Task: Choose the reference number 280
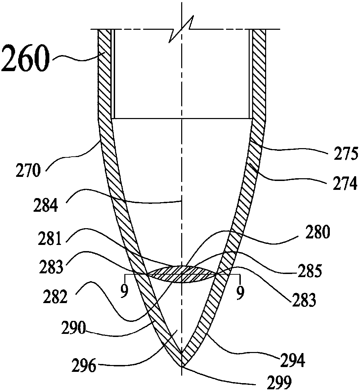click(x=319, y=233)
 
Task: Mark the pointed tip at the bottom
click(x=182, y=367)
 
